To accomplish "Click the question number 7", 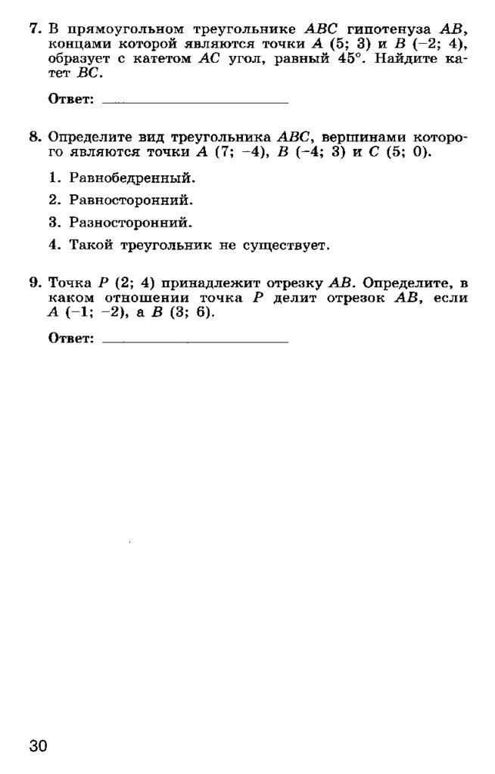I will click(34, 29).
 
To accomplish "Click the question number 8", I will click(34, 138).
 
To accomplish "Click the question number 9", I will click(34, 283).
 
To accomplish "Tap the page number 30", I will click(39, 746).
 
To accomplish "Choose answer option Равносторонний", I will click(131, 201).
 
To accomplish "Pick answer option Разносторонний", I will click(131, 223).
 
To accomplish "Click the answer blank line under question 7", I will click(195, 101).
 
